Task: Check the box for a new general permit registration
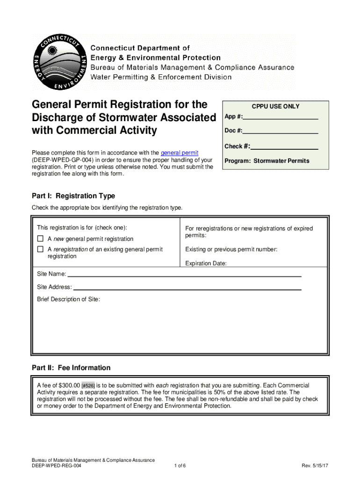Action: coord(40,239)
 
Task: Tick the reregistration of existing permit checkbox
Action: coord(40,250)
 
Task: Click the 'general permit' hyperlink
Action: coord(180,153)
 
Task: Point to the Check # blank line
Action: coord(284,149)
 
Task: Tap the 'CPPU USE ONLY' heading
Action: coord(275,107)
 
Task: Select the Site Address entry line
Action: coord(187,289)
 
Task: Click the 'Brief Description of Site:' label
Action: coord(68,299)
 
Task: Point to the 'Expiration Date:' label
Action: coord(206,264)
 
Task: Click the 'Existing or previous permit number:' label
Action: coord(231,249)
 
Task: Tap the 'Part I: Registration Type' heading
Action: coord(73,196)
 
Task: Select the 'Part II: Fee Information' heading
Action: coord(71,368)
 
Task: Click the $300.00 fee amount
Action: coord(69,385)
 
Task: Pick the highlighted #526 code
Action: coord(88,386)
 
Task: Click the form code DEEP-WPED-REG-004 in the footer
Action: coord(57,466)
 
